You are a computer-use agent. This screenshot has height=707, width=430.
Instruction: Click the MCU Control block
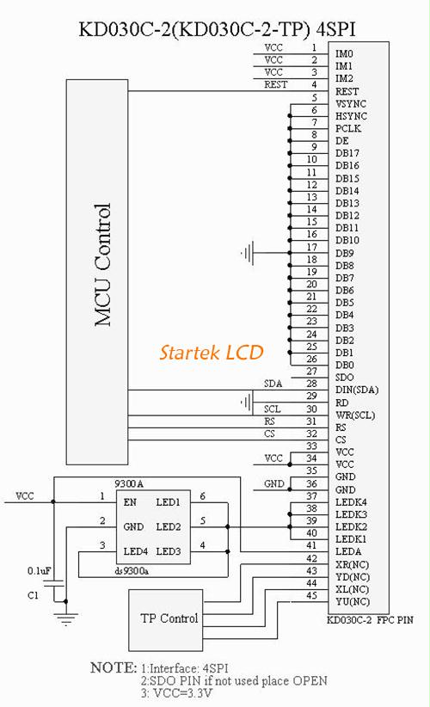click(x=97, y=272)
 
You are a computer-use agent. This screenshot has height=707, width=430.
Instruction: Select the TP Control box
click(x=165, y=620)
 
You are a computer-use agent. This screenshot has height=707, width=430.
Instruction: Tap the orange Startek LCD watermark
click(x=212, y=352)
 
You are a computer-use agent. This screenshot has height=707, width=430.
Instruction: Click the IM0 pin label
click(x=344, y=53)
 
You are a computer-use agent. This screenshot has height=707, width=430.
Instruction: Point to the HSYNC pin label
click(x=351, y=116)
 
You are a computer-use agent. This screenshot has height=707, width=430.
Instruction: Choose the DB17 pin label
click(x=347, y=153)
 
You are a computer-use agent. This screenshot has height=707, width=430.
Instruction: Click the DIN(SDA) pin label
click(x=357, y=390)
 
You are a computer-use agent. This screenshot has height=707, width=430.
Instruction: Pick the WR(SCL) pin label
click(x=355, y=415)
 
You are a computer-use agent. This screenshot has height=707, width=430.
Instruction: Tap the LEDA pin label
click(x=348, y=551)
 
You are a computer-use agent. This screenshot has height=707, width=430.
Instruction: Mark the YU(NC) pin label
click(x=353, y=601)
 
